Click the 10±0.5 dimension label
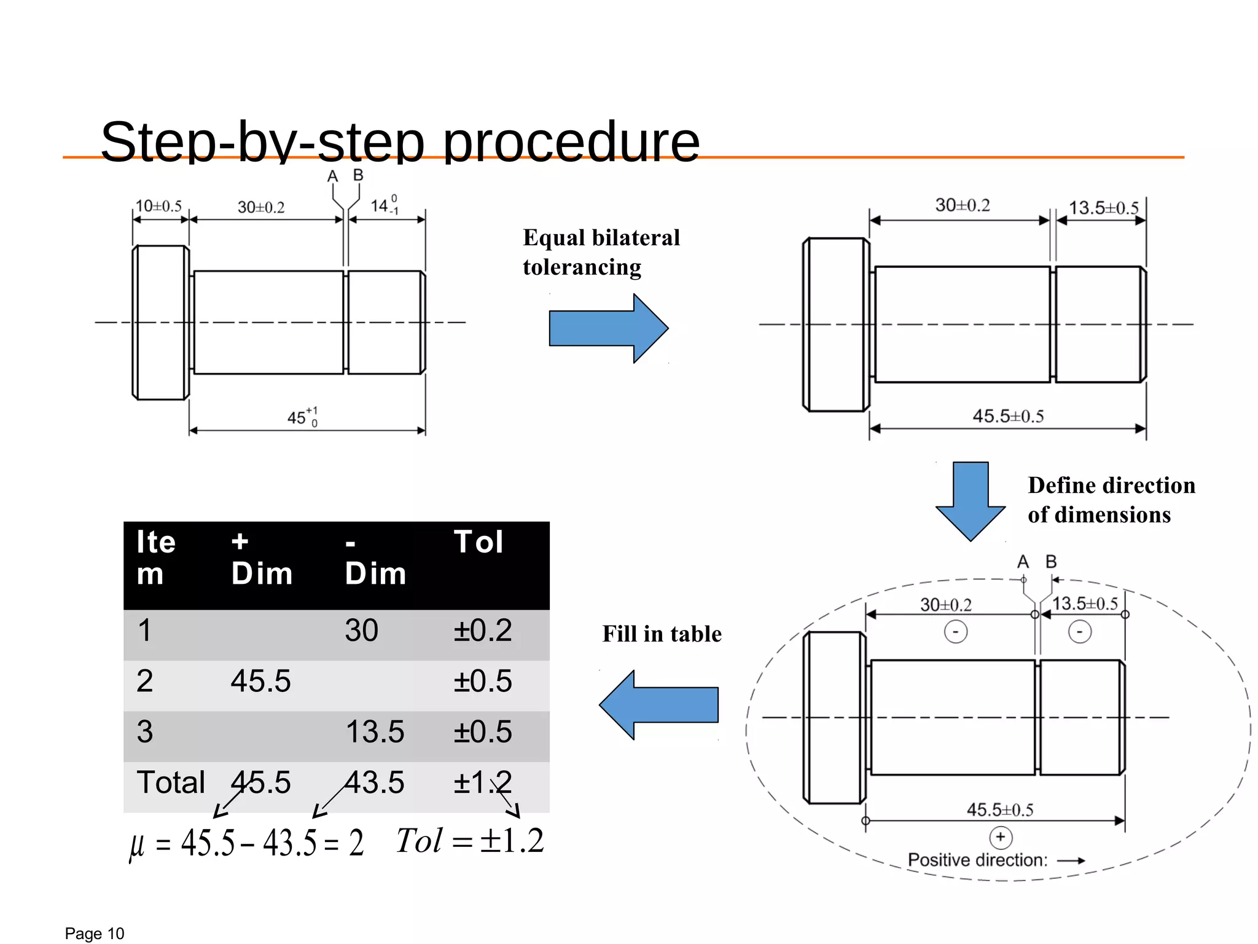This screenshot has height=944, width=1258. click(x=158, y=206)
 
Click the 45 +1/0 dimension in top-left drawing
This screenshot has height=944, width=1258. click(x=302, y=417)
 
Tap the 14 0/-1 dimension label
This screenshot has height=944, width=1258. click(x=385, y=205)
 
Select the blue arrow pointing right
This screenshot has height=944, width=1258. click(x=608, y=328)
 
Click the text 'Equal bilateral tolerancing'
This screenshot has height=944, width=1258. click(x=601, y=252)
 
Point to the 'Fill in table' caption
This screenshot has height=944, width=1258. click(x=662, y=634)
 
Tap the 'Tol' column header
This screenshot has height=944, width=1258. click(x=479, y=542)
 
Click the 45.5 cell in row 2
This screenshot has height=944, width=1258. click(x=260, y=681)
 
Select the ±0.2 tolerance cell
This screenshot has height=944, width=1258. click(x=482, y=631)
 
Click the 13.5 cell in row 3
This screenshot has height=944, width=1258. click(x=374, y=732)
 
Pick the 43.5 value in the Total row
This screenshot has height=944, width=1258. click(x=374, y=782)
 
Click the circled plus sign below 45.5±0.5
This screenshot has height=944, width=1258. click(x=1001, y=837)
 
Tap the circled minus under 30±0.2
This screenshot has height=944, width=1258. click(x=955, y=632)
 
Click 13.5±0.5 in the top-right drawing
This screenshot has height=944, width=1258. click(x=1103, y=208)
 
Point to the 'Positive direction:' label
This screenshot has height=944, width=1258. click(x=977, y=860)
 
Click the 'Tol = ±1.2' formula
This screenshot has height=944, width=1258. click(x=470, y=841)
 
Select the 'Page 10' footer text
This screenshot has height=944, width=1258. click(x=94, y=934)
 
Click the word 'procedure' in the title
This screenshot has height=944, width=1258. click(x=571, y=142)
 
